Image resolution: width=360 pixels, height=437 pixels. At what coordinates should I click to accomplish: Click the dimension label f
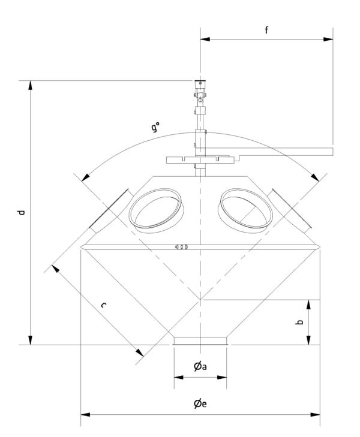266,30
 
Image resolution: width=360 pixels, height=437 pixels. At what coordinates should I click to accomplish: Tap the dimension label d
21,212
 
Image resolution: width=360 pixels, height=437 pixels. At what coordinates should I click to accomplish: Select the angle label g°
155,127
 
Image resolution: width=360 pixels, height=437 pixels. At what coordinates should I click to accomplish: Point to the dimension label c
103,305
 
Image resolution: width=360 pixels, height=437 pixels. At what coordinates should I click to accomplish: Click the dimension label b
299,322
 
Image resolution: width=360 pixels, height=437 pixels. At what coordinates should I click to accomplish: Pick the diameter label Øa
200,366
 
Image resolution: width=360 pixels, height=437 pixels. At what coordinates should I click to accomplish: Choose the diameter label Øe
200,403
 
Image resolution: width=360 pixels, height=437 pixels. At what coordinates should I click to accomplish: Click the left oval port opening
155,209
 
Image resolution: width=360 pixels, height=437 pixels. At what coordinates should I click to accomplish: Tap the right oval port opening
246,209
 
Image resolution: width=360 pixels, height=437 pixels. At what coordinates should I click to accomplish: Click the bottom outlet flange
200,341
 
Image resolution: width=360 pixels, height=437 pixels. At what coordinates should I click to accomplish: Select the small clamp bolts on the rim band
181,246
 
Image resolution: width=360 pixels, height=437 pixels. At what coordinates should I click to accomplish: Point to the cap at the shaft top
200,83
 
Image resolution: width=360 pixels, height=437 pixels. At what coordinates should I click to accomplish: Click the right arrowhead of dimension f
328,39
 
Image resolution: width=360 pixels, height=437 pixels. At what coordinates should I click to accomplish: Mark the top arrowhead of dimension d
31,85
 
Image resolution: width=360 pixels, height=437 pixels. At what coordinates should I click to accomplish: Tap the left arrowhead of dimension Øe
85,415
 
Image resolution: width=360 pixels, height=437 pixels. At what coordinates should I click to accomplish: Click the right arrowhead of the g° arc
315,177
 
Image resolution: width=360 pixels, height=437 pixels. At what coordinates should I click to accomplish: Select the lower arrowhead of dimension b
308,340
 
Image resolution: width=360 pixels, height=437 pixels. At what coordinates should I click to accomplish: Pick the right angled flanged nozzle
290,210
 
